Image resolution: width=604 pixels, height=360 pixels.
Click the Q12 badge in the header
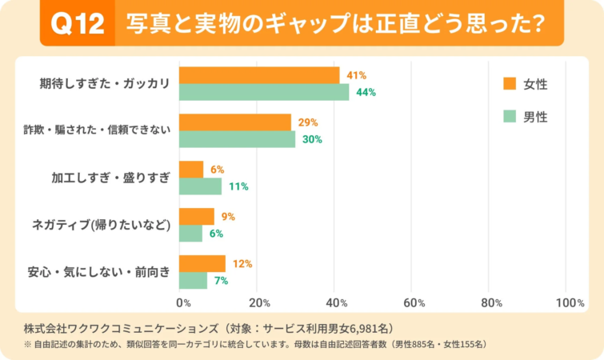tap(78, 25)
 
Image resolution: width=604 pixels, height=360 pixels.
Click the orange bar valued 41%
tap(258, 75)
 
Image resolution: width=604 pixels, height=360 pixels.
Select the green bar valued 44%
tap(264, 92)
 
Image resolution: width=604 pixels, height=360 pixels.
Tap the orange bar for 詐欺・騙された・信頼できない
tap(235, 122)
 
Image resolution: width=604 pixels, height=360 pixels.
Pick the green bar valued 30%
tap(237, 139)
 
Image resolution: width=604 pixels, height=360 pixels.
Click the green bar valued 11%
tap(200, 186)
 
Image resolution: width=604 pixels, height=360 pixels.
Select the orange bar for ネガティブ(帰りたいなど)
tap(196, 216)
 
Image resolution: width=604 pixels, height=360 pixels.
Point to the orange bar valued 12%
tap(202, 263)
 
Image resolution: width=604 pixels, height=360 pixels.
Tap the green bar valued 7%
tap(193, 281)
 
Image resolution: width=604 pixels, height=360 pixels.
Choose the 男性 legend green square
tap(509, 117)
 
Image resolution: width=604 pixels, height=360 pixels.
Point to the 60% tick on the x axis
tap(413, 303)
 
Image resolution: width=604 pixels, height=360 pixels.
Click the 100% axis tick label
tap(570, 303)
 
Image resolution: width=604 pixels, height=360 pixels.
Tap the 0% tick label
tap(183, 303)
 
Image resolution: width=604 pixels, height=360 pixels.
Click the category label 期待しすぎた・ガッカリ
tap(105, 83)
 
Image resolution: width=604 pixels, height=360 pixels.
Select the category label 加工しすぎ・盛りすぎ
tap(111, 178)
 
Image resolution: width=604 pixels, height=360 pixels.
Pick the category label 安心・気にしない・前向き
tap(98, 272)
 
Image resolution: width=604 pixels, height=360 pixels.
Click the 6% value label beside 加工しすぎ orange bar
tap(217, 170)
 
